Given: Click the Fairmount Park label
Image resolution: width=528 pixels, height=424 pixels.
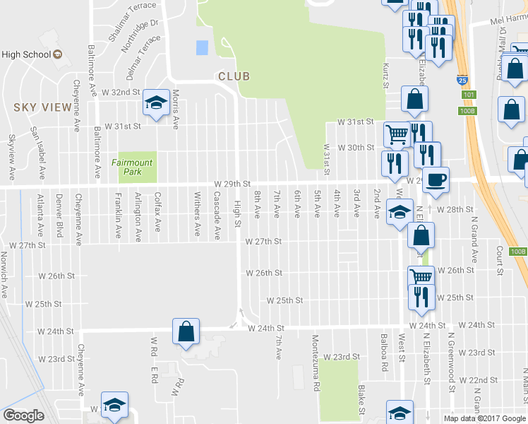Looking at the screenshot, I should click(136, 167).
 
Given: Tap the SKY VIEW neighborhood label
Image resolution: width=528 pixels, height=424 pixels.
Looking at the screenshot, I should click(42, 107).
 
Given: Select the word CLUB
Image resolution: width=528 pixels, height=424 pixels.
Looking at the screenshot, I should click(234, 76).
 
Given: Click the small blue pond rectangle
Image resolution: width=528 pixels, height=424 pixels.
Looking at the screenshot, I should click(203, 47).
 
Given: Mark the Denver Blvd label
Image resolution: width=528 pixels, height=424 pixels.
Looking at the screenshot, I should click(59, 216).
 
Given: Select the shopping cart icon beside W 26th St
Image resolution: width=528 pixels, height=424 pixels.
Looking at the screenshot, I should click(421, 276).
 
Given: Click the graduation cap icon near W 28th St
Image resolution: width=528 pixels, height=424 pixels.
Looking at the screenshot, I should click(399, 211).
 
